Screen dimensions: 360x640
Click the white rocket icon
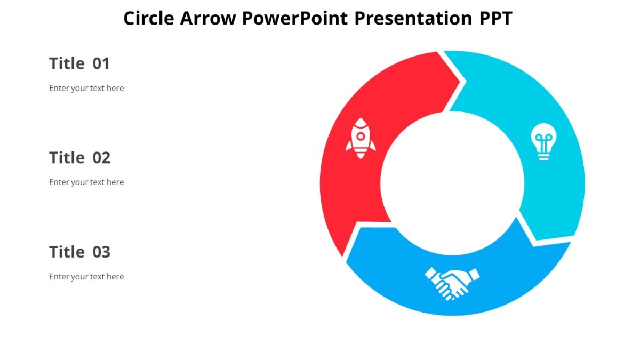tap(361, 138)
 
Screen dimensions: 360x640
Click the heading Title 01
tap(79, 63)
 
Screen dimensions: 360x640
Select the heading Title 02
tap(79, 158)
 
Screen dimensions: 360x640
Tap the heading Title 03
tap(79, 252)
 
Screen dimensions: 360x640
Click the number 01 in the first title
tap(101, 63)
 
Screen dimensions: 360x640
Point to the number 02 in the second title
tap(101, 158)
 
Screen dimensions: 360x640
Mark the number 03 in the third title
tap(101, 252)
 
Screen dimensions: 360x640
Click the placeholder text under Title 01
tap(86, 88)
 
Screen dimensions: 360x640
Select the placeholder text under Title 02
tap(86, 182)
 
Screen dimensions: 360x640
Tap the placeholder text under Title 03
tap(86, 276)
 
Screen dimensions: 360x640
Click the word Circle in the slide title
tap(149, 18)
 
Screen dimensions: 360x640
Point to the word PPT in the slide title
tap(495, 18)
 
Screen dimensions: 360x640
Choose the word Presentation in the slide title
tap(413, 18)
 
